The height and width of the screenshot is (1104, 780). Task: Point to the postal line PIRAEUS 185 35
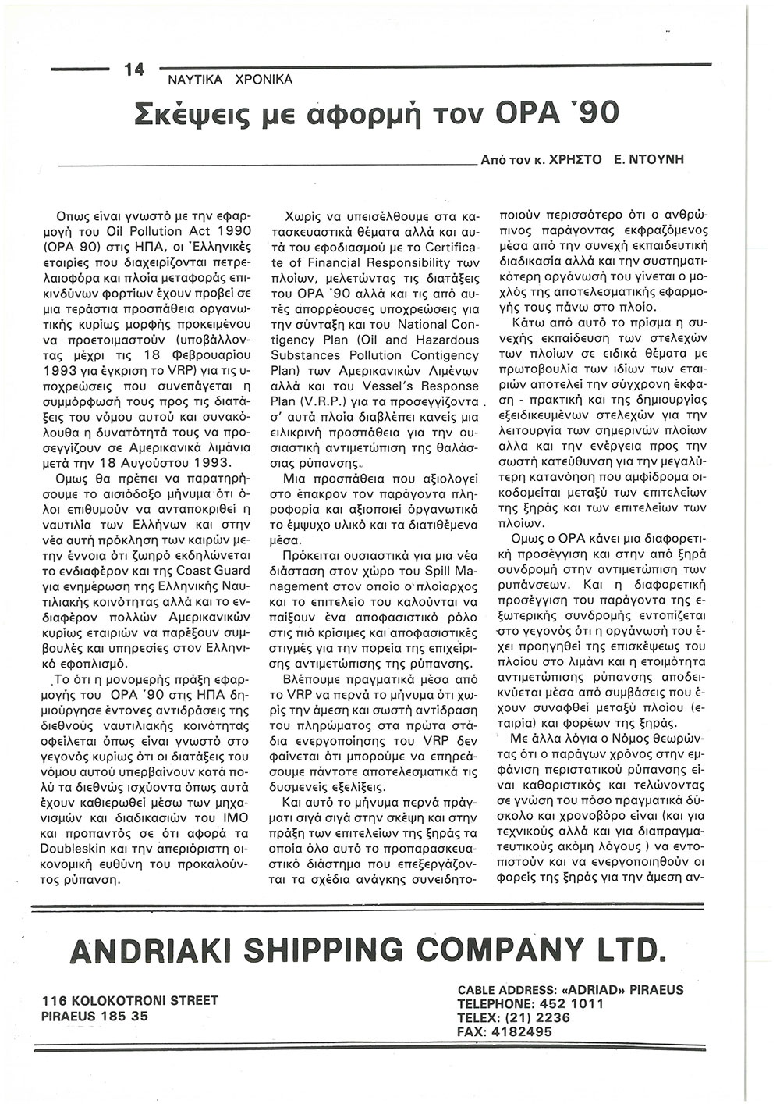95,1016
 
